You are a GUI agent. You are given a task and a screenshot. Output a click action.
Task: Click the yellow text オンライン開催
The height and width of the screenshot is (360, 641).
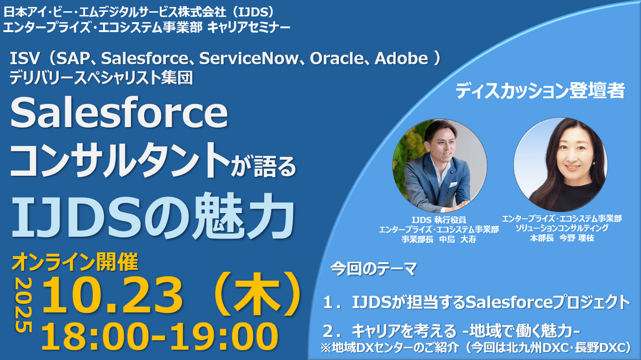tap(75, 262)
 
